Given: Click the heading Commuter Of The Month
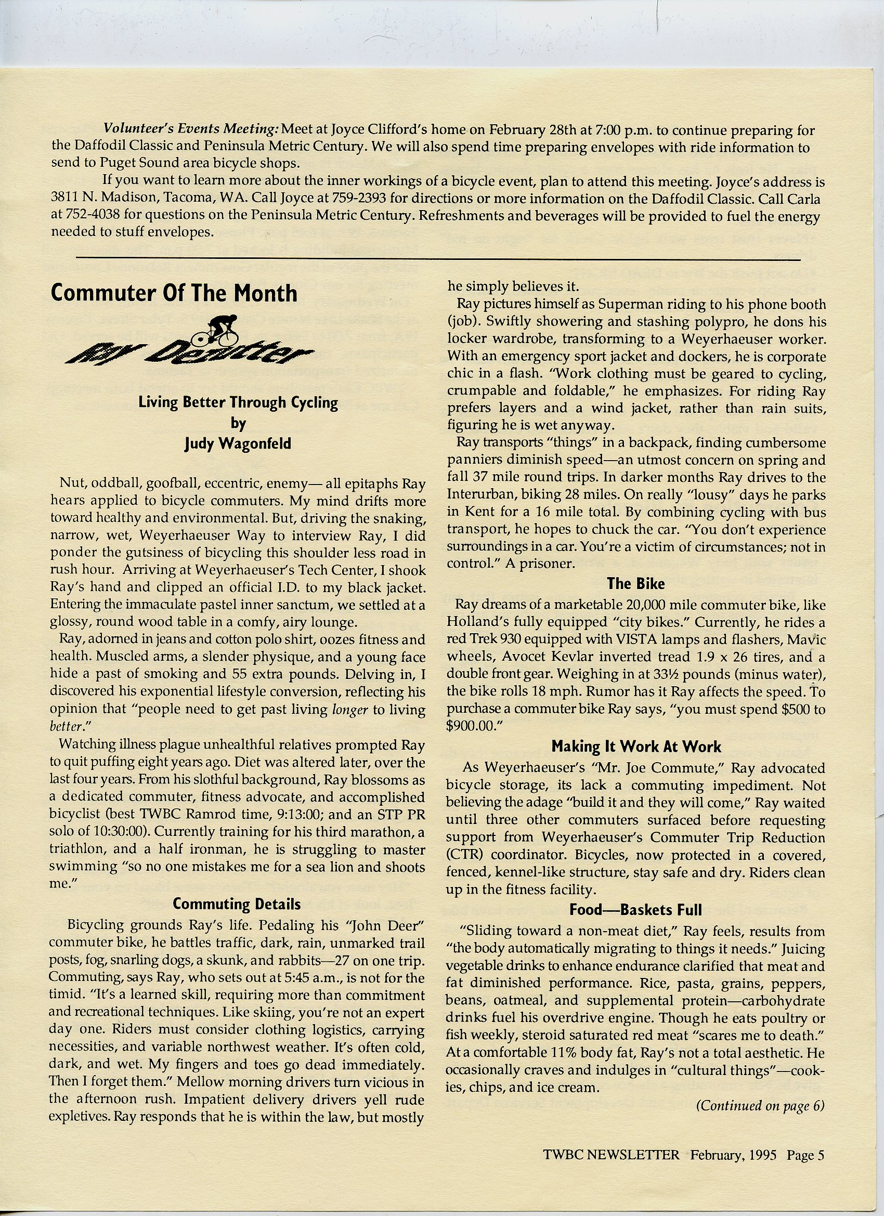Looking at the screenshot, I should coord(174,293).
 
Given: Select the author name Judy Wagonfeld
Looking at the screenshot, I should coord(238,443).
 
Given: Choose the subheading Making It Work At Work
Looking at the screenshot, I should coord(636,747).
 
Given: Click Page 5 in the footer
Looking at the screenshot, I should coord(804,1169).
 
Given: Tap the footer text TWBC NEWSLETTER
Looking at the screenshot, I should coord(612,1169).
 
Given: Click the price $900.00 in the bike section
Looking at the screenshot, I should coord(473,726).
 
